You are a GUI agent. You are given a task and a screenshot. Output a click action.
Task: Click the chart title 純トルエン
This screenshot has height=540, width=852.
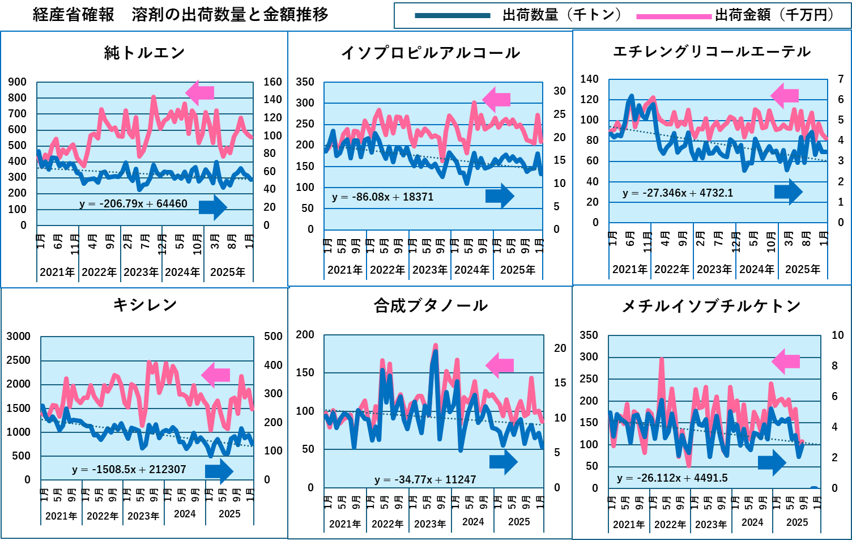(144, 53)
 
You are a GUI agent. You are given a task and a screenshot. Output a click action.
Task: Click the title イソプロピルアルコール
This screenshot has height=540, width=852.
(431, 53)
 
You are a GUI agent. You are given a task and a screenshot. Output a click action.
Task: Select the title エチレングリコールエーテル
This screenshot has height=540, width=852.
(712, 52)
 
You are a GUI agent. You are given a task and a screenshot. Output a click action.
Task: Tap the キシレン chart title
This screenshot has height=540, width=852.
(145, 305)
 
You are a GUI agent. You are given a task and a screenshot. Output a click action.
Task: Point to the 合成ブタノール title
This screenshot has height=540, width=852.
(431, 306)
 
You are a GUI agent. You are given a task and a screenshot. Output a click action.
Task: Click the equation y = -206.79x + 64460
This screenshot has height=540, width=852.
(133, 204)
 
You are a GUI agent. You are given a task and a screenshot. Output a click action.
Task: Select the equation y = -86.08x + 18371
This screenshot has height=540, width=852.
(382, 197)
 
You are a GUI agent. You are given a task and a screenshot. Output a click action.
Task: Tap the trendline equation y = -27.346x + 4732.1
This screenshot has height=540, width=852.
(678, 193)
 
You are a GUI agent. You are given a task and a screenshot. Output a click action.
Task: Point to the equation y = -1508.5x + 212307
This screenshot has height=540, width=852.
(129, 470)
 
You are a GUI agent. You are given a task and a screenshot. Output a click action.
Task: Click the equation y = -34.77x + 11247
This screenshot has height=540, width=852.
(425, 480)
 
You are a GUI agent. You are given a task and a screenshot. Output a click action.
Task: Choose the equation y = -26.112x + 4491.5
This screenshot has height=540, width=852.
(672, 478)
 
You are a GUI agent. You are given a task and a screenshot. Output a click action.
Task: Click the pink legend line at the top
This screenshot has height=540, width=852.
(674, 17)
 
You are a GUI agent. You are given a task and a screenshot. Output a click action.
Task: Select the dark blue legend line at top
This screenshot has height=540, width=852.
(452, 16)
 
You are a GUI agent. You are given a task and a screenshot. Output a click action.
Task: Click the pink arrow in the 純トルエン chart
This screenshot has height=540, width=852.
(199, 92)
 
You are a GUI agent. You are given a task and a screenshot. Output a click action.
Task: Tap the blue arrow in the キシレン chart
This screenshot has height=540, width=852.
(219, 471)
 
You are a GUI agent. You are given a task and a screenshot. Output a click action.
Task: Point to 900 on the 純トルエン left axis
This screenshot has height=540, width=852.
(17, 82)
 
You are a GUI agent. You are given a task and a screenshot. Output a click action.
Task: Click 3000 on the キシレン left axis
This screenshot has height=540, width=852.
(18, 337)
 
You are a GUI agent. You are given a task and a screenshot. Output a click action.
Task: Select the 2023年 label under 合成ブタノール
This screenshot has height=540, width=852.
(429, 524)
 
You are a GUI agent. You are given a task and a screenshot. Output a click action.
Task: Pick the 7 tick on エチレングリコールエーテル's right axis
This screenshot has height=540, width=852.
(841, 79)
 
